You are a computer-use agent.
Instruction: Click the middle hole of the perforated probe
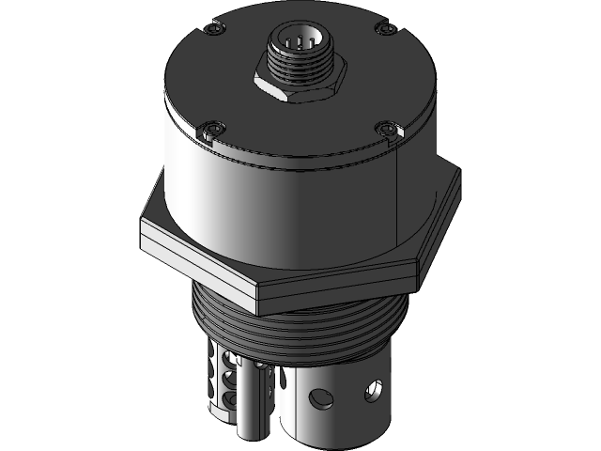coord(229,378)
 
